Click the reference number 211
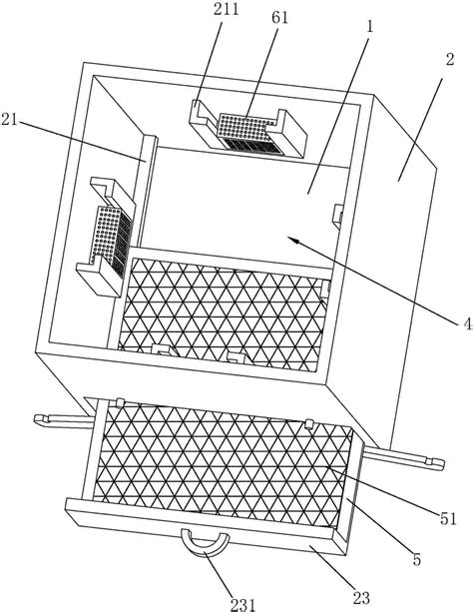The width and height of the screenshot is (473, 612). pyautogui.click(x=227, y=9)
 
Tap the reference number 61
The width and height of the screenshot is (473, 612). pyautogui.click(x=279, y=18)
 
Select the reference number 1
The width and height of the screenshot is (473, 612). pyautogui.click(x=369, y=27)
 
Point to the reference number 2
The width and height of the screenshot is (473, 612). pyautogui.click(x=450, y=60)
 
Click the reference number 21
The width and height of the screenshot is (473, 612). pyautogui.click(x=9, y=120)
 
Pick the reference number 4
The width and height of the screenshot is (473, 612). pyautogui.click(x=468, y=323)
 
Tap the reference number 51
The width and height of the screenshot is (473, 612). pyautogui.click(x=448, y=518)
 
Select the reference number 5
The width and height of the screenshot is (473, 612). pyautogui.click(x=417, y=559)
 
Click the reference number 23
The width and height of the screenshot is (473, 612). pyautogui.click(x=361, y=598)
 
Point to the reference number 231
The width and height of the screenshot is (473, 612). pyautogui.click(x=242, y=605)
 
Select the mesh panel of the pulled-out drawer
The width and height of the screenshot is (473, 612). pyautogui.click(x=223, y=464)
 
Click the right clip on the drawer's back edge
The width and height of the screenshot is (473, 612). pyautogui.click(x=309, y=423)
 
